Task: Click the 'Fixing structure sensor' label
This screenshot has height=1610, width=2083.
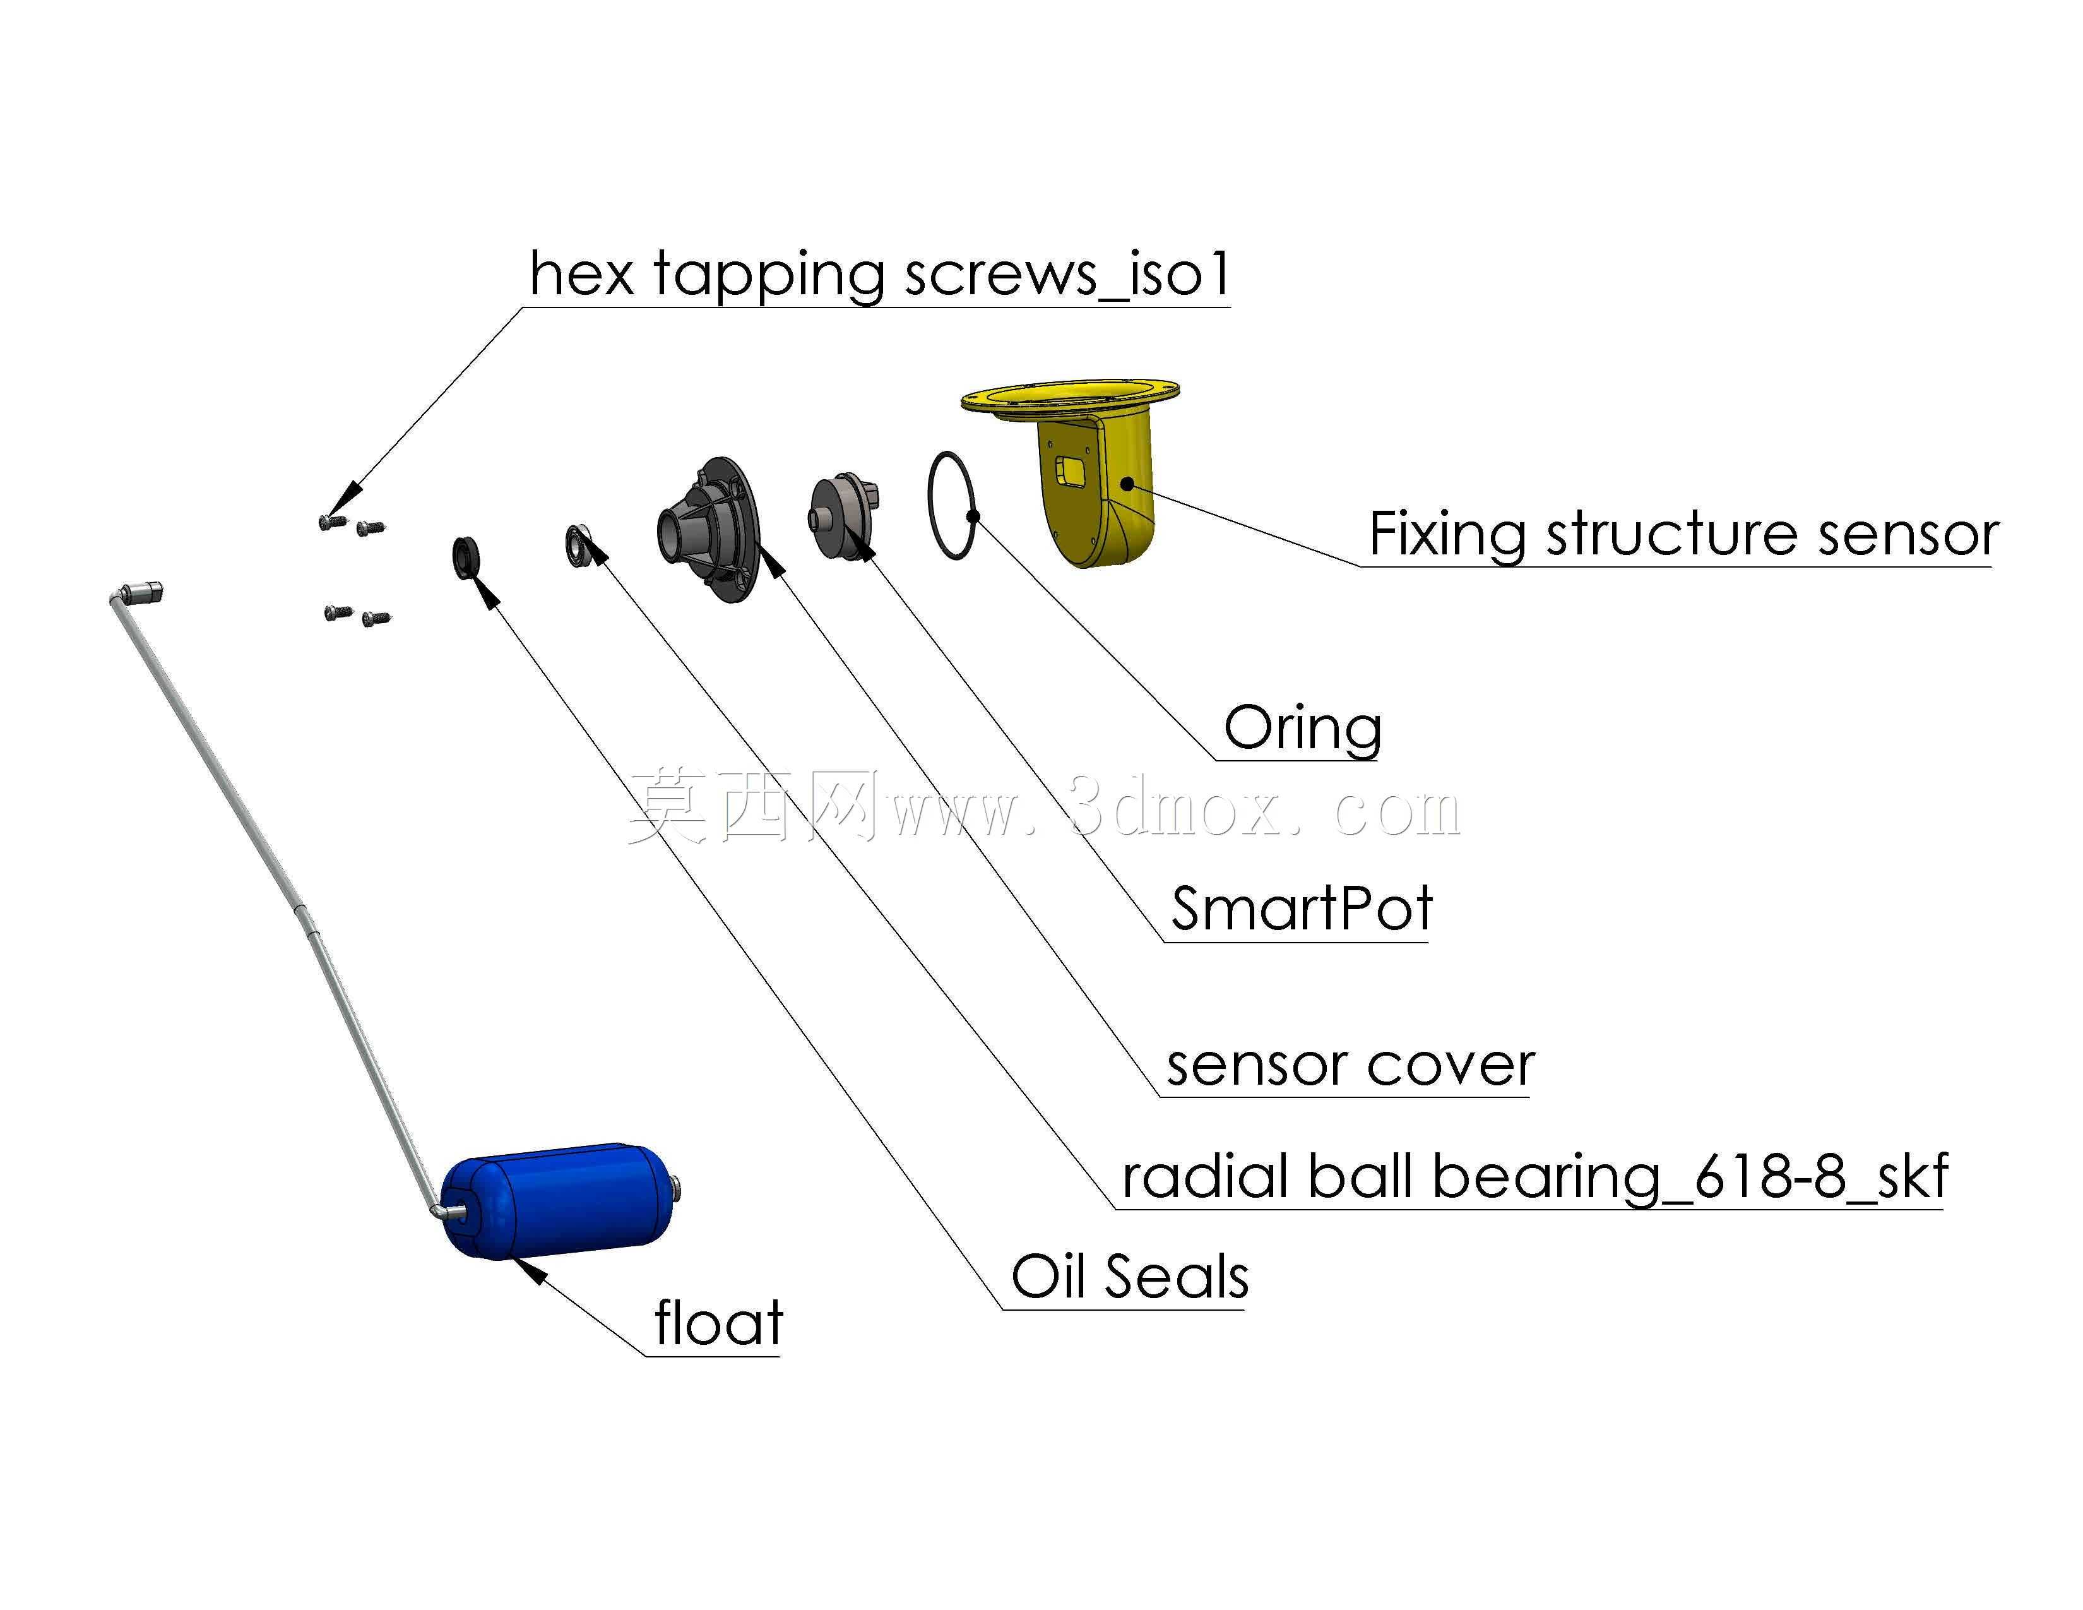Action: (1684, 534)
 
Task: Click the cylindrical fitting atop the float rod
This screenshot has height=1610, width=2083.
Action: (144, 593)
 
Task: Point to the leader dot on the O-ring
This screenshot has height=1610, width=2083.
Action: (973, 516)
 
